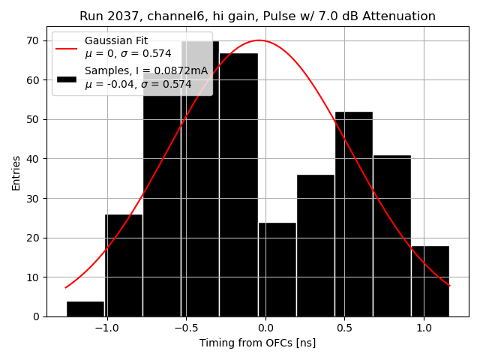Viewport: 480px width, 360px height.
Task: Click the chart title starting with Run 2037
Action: tap(257, 16)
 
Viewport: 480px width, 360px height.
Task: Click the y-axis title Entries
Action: tap(16, 172)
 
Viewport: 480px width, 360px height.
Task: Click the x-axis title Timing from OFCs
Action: tap(257, 343)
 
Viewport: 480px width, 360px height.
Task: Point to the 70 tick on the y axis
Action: tap(34, 40)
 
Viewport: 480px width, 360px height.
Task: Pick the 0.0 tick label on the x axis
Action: tap(265, 328)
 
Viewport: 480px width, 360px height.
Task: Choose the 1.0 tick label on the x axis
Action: tap(424, 328)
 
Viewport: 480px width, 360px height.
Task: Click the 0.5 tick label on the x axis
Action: tap(344, 328)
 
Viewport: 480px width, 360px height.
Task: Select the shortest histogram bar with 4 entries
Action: tap(85, 309)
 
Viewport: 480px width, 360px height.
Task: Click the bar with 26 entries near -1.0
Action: tap(124, 265)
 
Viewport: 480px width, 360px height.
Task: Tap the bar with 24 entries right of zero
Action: tap(277, 270)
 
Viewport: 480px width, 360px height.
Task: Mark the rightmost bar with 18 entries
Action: tap(430, 281)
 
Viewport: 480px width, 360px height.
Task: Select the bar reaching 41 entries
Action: tap(391, 236)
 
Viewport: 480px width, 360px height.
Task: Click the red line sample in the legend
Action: tap(66, 46)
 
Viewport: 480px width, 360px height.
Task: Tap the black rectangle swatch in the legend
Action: tap(66, 79)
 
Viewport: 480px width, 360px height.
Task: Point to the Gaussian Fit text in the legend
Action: tap(115, 40)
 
